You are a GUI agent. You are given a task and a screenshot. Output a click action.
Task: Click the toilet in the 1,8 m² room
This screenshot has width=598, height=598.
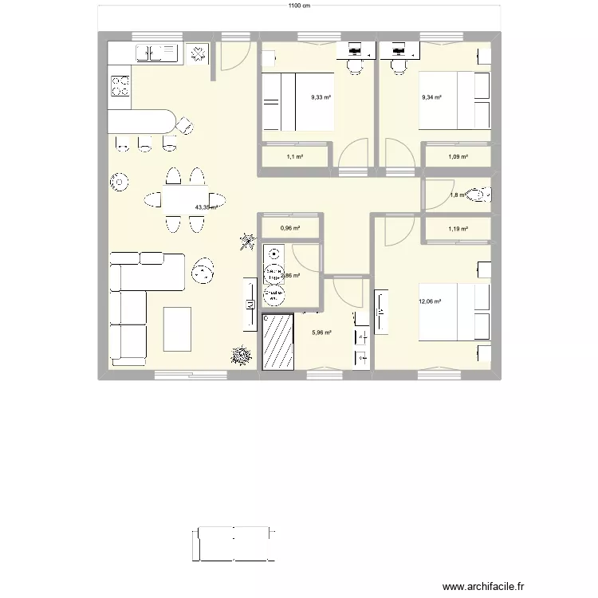point(481,195)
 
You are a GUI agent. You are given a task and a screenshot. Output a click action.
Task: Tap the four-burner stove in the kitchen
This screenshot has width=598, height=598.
point(120,85)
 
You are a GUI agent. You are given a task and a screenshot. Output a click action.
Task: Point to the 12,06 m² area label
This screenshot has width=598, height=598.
point(430,301)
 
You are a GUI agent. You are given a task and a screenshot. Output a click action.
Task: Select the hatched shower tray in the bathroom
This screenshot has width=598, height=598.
point(279,340)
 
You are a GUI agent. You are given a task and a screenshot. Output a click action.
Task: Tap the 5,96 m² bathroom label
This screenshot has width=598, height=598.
point(321,333)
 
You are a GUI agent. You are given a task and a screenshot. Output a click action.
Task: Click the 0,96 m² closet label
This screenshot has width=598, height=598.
point(290,228)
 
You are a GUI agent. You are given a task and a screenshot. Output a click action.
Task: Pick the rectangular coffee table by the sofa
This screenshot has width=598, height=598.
point(177,329)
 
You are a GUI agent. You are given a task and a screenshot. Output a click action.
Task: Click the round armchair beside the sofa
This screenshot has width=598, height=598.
point(203,273)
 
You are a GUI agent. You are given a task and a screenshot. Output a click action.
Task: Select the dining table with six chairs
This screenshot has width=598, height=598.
point(184,199)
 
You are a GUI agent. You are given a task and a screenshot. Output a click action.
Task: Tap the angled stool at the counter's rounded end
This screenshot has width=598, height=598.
point(185,124)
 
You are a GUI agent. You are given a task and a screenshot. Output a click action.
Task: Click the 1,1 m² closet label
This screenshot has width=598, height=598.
point(295,157)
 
